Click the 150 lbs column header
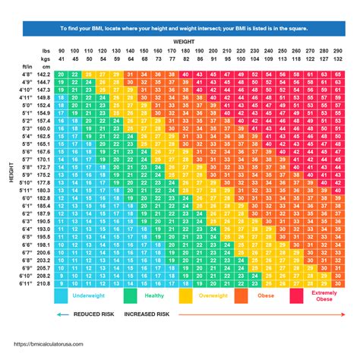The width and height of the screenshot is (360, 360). (144, 50)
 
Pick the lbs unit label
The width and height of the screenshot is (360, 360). (46, 50)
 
